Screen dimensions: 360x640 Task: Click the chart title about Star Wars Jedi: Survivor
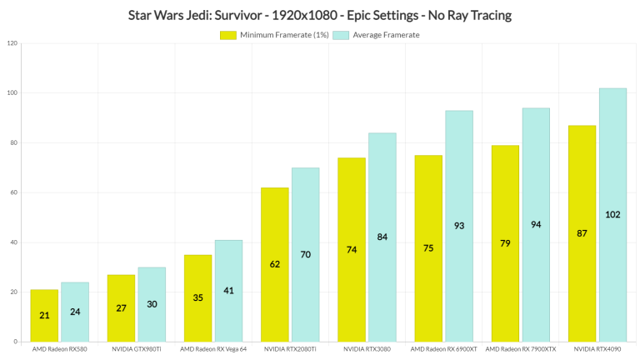point(319,14)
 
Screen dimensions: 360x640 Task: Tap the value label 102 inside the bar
point(612,214)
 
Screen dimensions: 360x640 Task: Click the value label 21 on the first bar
point(44,316)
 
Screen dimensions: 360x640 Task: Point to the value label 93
point(458,226)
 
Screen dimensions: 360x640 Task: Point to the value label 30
point(152,304)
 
